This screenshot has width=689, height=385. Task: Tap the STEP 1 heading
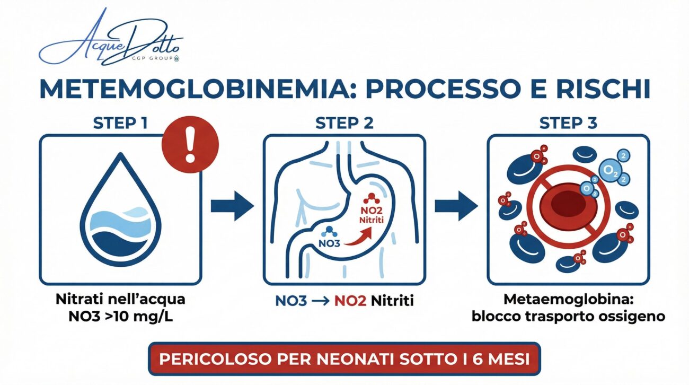[120, 123]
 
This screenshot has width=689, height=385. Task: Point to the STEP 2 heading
[344, 123]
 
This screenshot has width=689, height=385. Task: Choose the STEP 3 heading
[568, 123]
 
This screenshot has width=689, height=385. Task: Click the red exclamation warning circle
[190, 144]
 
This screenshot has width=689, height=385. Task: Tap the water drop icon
[121, 209]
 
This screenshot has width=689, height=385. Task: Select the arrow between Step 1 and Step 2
[232, 206]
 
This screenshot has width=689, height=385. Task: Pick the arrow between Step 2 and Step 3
[456, 206]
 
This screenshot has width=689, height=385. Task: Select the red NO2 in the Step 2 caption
[350, 301]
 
